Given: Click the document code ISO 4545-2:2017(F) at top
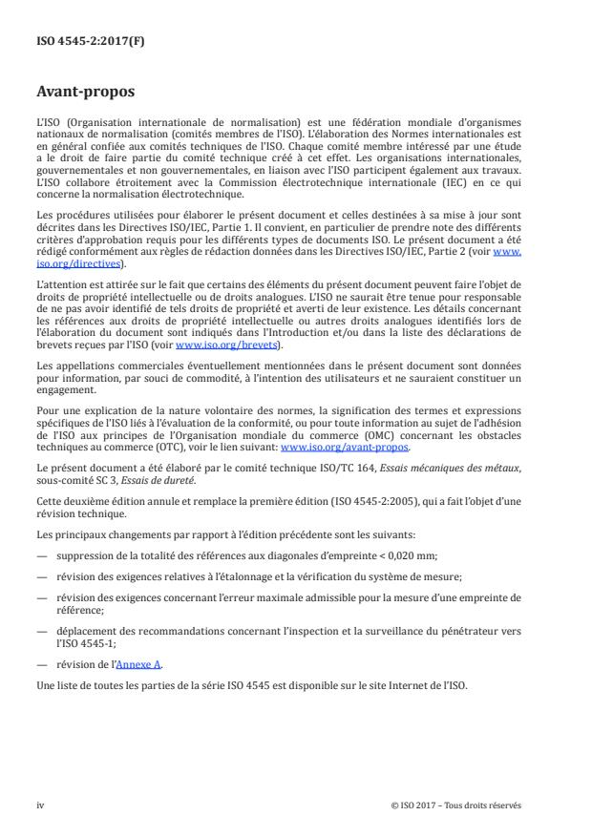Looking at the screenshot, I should coord(77,43).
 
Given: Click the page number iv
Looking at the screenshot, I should coord(40,805).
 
